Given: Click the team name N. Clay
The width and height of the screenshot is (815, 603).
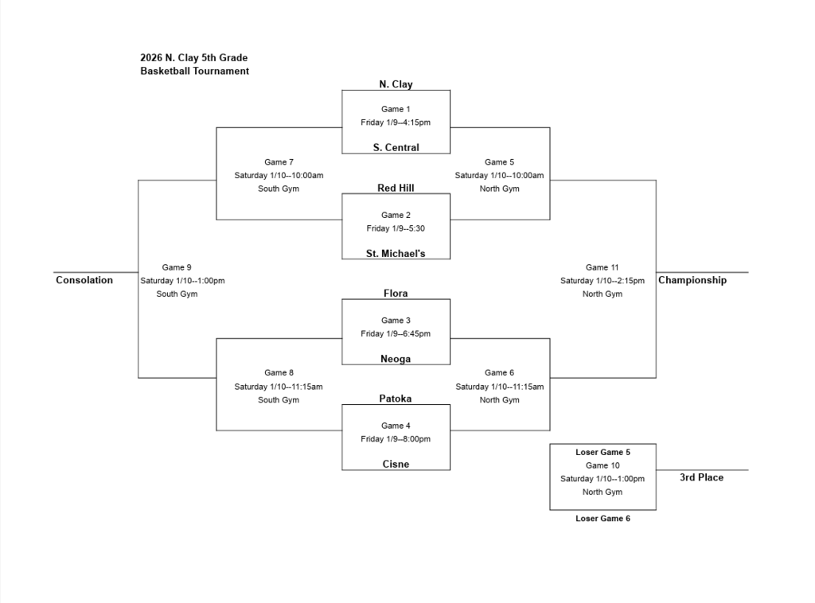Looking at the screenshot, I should [396, 84].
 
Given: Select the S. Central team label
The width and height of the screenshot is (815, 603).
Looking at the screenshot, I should [396, 147].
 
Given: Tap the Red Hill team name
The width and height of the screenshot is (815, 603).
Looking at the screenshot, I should [396, 188].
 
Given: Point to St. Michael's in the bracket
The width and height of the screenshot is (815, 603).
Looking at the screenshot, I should [396, 254].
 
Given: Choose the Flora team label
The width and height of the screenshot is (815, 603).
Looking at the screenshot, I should [396, 294].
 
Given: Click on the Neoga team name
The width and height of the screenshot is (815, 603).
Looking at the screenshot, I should [396, 359].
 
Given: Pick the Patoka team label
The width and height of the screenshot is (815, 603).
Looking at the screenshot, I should [396, 399].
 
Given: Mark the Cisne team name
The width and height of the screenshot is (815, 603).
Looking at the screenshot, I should [396, 464].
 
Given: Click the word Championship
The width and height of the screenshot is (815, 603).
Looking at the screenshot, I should [692, 280].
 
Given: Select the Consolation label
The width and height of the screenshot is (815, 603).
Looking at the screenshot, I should [84, 280].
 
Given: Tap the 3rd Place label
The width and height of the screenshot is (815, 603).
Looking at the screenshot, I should [701, 477].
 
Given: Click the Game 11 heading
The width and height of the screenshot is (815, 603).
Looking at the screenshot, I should [602, 267].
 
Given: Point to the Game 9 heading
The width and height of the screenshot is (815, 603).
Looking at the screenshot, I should [177, 267].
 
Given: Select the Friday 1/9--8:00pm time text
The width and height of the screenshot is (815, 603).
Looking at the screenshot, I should [396, 439].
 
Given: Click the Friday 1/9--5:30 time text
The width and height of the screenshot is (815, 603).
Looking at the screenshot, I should [396, 228].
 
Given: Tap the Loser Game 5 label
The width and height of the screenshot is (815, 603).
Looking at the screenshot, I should [602, 452].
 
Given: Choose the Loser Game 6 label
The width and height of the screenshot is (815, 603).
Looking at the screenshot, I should [602, 518].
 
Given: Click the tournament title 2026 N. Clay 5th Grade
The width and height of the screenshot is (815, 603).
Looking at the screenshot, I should [193, 57].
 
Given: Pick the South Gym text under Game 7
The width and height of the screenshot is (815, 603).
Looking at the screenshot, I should [279, 189].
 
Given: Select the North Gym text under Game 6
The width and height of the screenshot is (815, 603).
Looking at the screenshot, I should [499, 400].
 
